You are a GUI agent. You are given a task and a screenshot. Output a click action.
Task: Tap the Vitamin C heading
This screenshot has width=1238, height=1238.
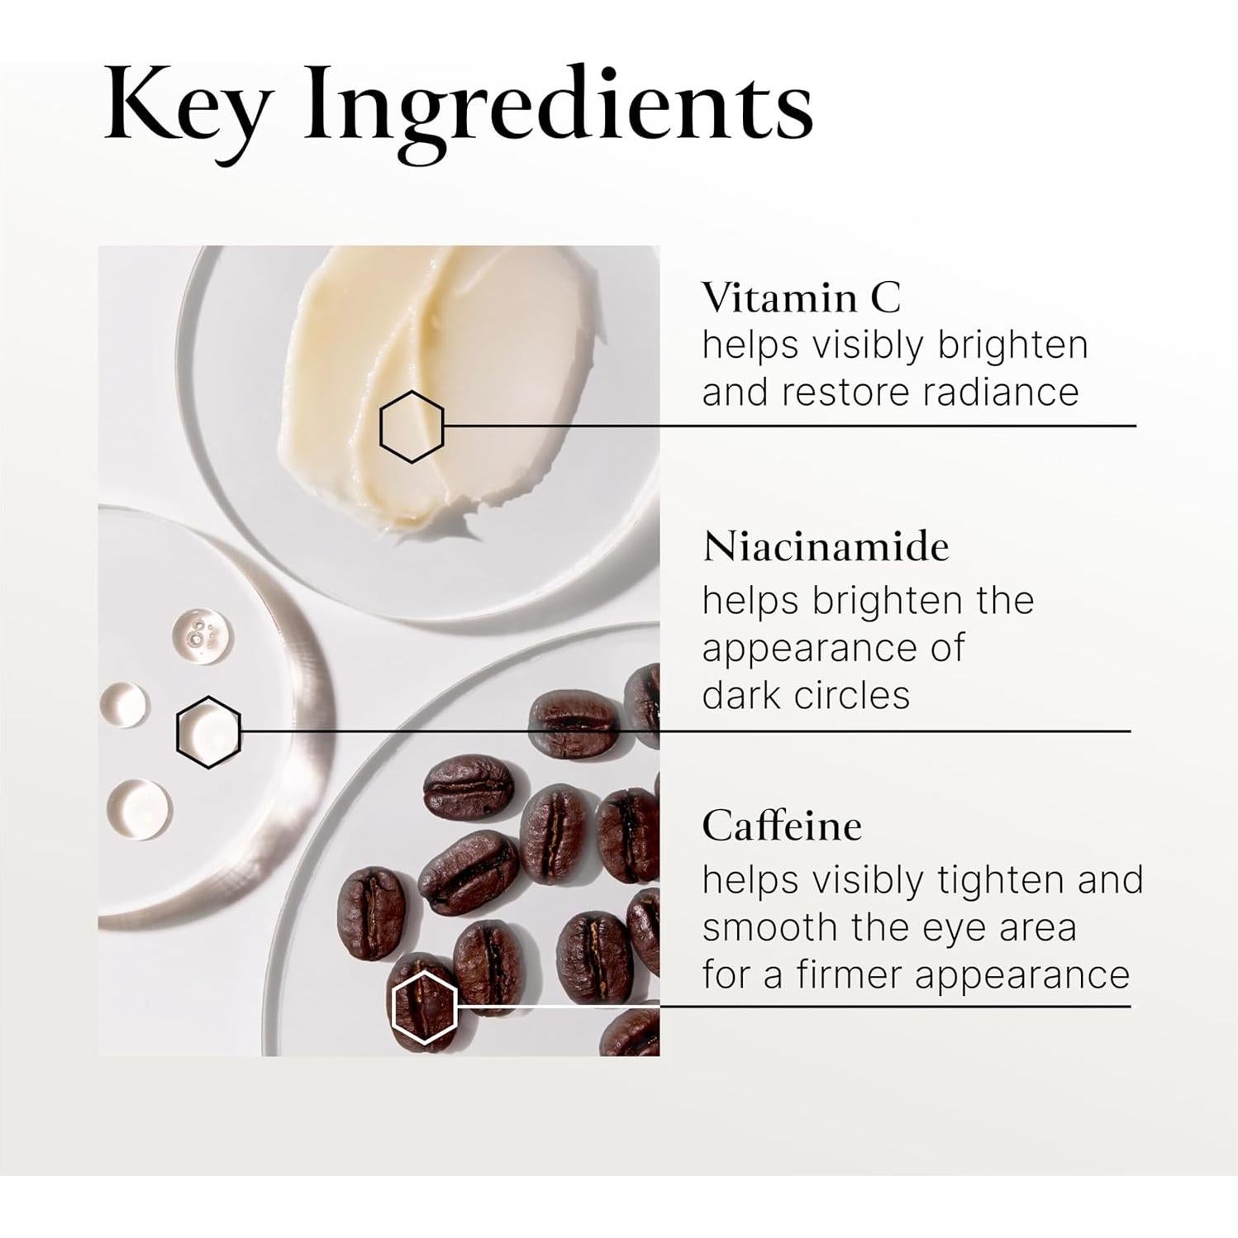click(x=801, y=298)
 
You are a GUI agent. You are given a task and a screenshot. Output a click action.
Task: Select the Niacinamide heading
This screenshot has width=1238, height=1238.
click(x=826, y=547)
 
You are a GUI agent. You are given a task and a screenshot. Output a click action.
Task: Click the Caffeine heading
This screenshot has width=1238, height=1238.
click(x=782, y=826)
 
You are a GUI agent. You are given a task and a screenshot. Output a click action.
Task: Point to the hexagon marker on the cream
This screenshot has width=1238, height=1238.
click(x=412, y=427)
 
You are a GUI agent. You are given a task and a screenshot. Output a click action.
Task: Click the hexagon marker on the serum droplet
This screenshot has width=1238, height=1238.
click(x=208, y=732)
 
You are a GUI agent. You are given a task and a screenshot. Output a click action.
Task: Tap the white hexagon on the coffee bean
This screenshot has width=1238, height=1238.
click(x=424, y=1007)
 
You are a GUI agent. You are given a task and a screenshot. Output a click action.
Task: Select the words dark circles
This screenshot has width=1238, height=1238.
click(x=806, y=695)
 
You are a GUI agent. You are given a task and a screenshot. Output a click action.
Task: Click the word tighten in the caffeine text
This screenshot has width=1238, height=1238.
click(x=999, y=880)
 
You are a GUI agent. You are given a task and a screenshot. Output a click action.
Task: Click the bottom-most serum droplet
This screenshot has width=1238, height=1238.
click(x=140, y=808)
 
